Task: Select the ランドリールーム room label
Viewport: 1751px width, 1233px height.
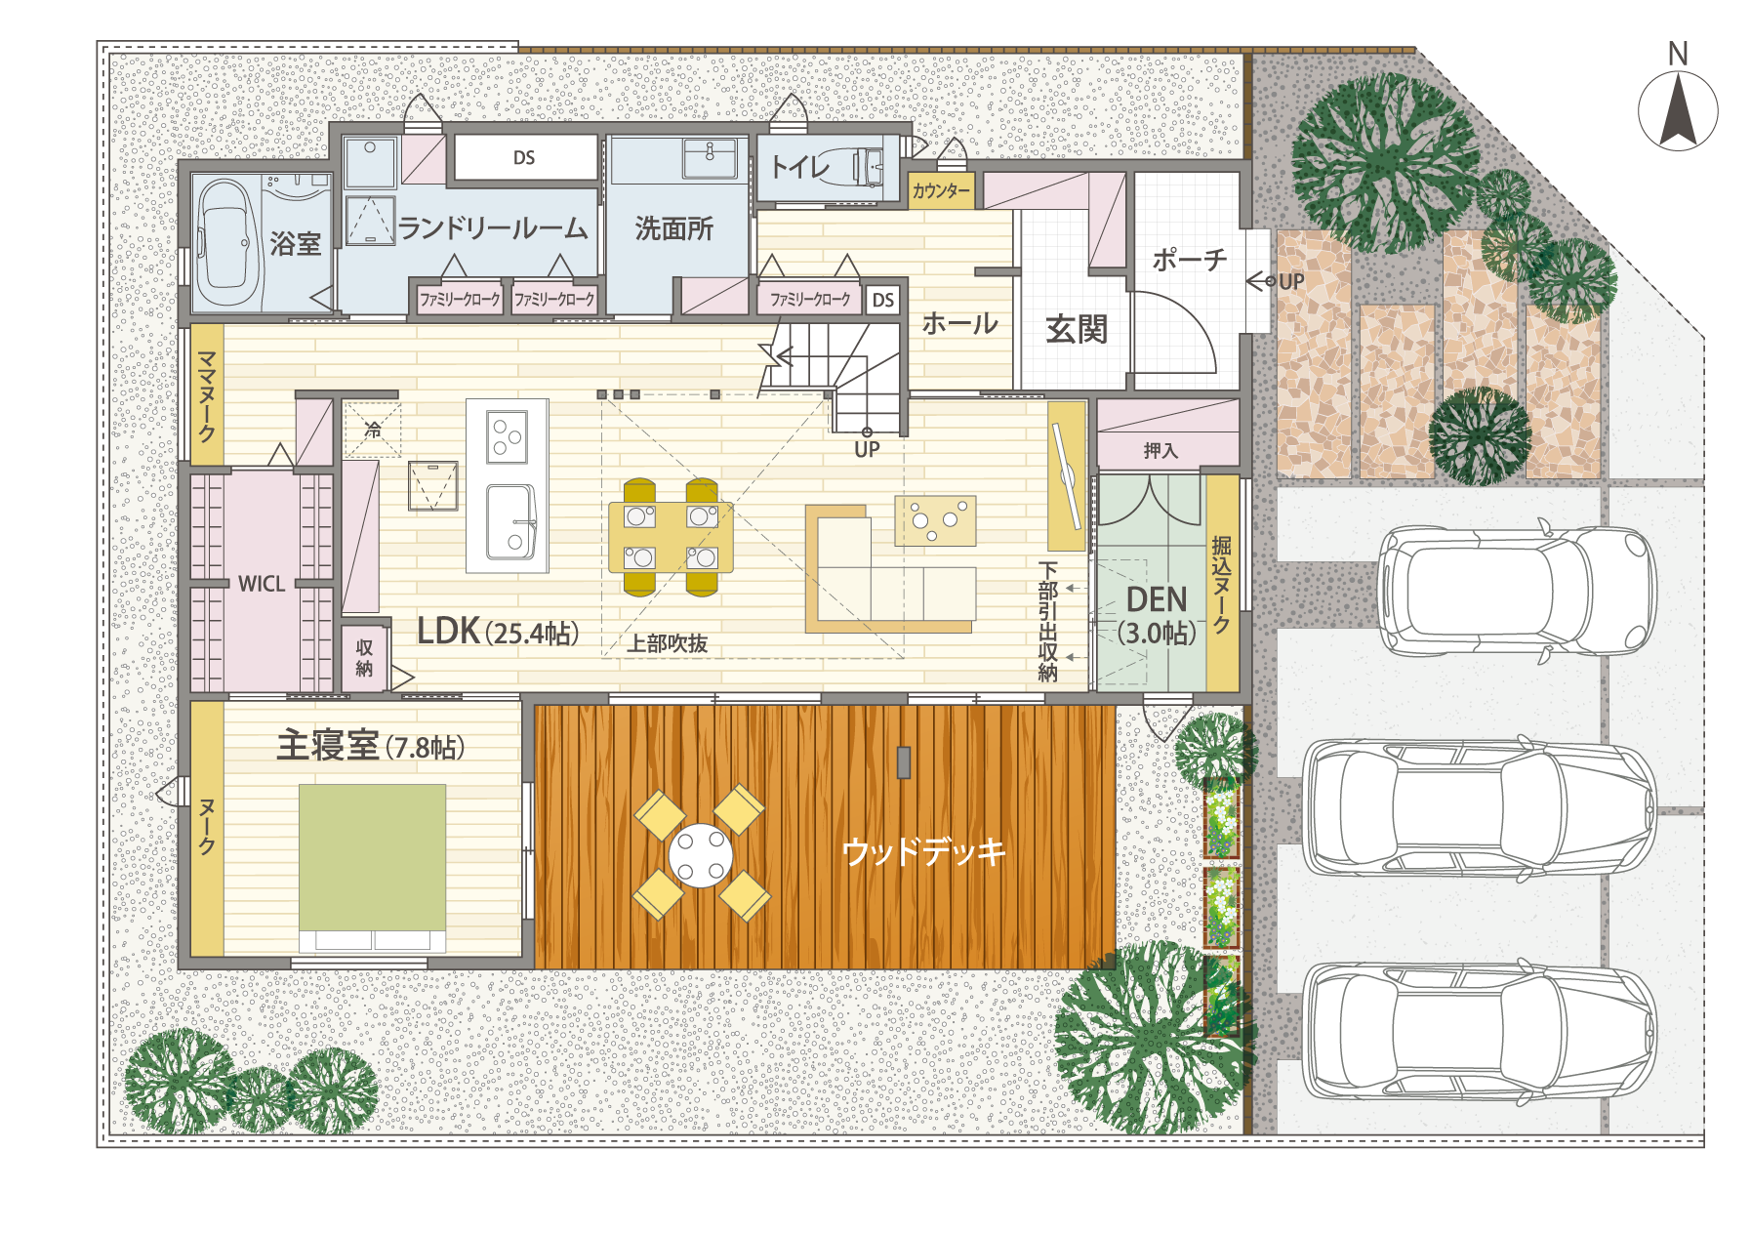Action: [x=494, y=228]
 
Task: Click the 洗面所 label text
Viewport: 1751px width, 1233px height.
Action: [x=673, y=228]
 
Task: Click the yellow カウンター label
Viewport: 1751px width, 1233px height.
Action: [x=941, y=191]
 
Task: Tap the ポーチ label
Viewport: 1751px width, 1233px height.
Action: [x=1189, y=260]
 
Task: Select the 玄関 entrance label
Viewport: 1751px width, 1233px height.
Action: [x=1077, y=329]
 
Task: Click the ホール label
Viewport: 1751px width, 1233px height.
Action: [x=959, y=323]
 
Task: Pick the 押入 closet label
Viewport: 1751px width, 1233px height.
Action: [x=1161, y=450]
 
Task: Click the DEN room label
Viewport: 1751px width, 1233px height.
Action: [x=1157, y=599]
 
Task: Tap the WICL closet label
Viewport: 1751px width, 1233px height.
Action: [x=262, y=584]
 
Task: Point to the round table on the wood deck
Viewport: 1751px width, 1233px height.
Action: [x=701, y=855]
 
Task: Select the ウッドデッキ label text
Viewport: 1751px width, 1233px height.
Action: [x=923, y=851]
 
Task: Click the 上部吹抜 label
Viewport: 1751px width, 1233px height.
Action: [x=668, y=643]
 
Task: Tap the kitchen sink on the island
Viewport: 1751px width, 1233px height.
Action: [x=509, y=520]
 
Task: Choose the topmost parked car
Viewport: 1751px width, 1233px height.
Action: [x=1515, y=591]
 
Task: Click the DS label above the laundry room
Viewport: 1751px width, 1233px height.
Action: [x=524, y=158]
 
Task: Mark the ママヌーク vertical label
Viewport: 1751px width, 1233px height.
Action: [x=207, y=396]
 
